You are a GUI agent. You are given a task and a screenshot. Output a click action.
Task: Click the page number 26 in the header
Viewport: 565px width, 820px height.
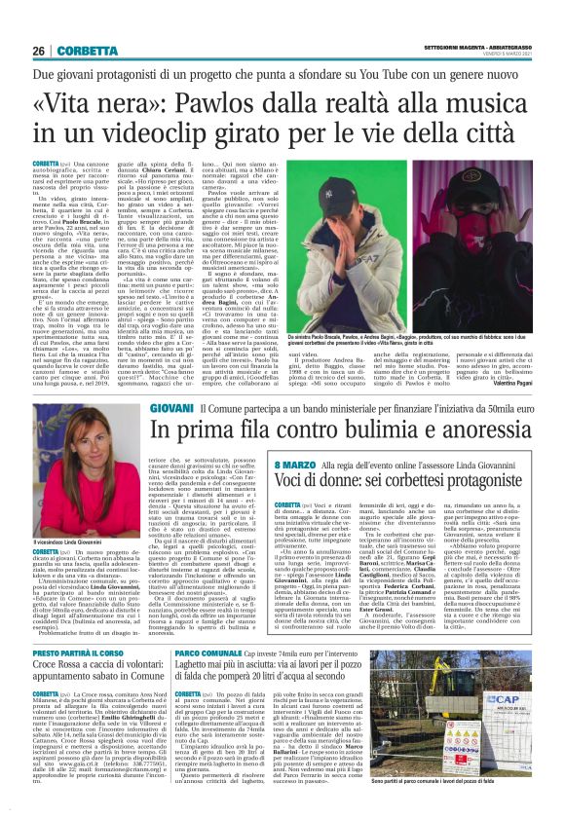coord(39,51)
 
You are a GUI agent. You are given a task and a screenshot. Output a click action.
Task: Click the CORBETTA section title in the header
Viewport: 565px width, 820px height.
coord(90,51)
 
